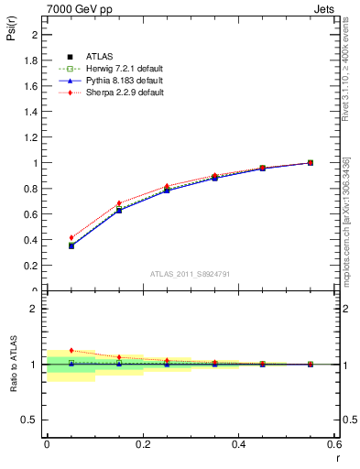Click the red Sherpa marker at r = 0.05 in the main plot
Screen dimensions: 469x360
pyautogui.click(x=71, y=237)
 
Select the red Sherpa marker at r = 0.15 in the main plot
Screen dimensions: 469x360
pyautogui.click(x=119, y=203)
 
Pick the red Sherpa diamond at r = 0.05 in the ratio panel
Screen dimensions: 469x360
pyautogui.click(x=71, y=351)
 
